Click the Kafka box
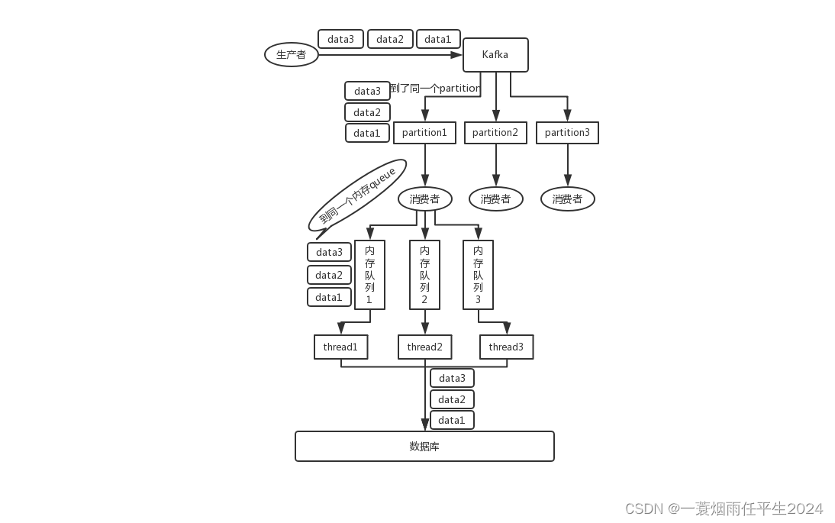(495, 55)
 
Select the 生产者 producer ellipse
(291, 55)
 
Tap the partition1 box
(424, 133)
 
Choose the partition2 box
(495, 133)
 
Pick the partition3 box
(567, 133)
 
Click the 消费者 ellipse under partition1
(424, 199)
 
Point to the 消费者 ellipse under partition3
(567, 199)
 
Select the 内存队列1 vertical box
(369, 275)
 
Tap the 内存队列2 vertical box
(424, 275)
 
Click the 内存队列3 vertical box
(478, 275)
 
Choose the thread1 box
(340, 347)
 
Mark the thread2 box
(424, 347)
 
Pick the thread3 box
(506, 347)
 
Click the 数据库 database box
(424, 447)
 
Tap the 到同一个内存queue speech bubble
(357, 196)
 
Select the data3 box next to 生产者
(340, 39)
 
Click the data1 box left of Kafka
(438, 39)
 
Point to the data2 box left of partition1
(367, 112)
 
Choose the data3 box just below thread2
(452, 378)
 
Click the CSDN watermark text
(724, 508)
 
